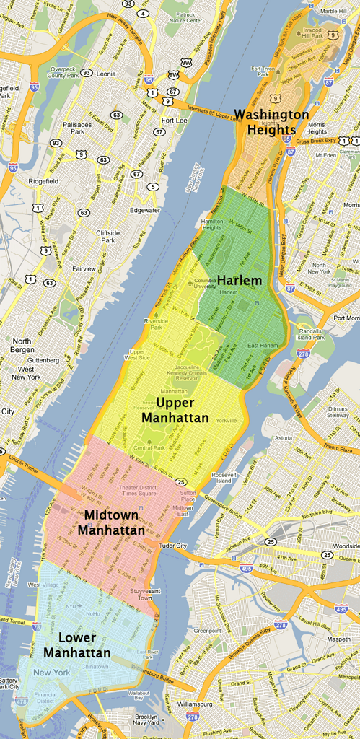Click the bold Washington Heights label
271,122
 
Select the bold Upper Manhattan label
175,410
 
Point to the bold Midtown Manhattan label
112,522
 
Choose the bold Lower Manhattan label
76,645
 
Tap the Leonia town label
105,74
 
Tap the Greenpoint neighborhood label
206,630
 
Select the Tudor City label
173,546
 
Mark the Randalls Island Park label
311,333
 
